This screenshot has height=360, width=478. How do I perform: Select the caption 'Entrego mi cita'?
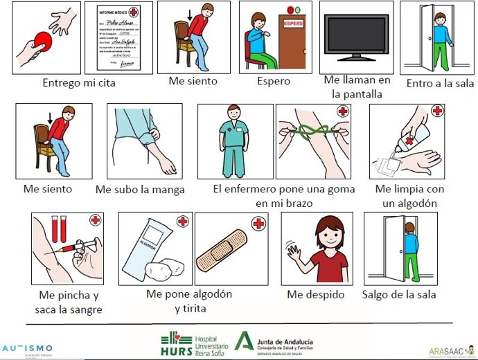78,84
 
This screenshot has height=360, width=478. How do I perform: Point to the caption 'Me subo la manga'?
140,190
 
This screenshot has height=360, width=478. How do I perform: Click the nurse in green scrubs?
233,141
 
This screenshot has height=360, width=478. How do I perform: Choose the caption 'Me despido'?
316,295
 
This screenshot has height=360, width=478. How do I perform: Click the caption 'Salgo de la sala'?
400,295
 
